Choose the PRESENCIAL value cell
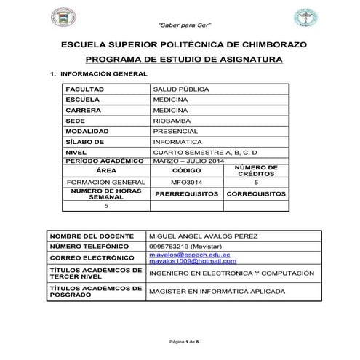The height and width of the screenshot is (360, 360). [175, 132]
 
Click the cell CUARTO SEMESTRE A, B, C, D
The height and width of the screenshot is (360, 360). [205, 152]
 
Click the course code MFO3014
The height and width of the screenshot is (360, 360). [185, 183]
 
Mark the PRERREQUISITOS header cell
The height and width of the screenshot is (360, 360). [185, 195]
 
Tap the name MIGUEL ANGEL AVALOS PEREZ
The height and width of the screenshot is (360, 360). [207, 236]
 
